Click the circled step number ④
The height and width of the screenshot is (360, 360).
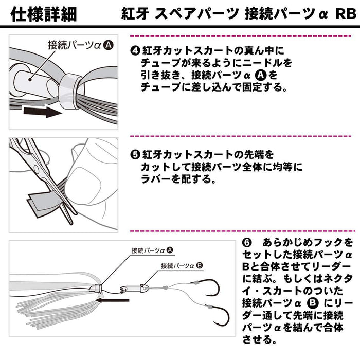tap(135, 51)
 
